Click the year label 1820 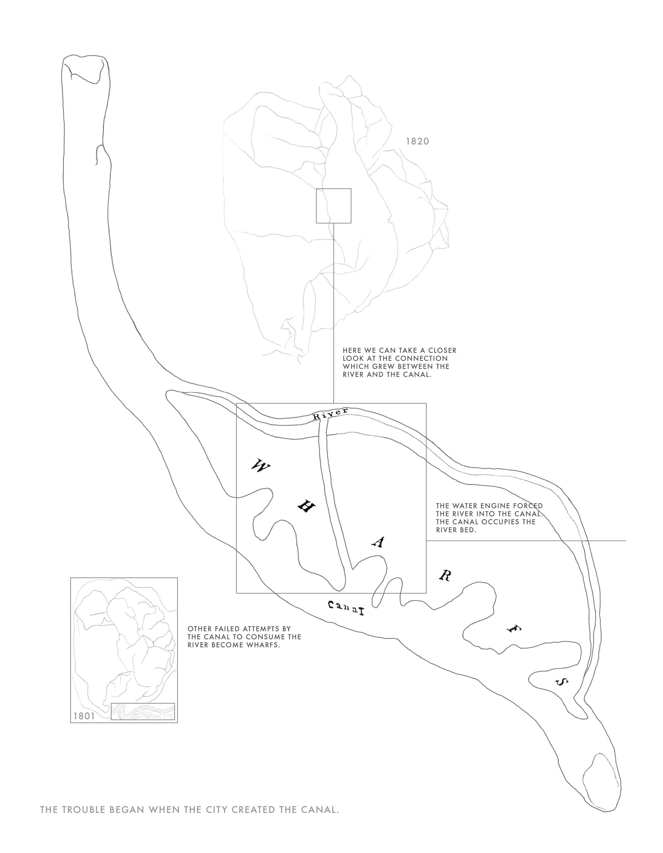417,141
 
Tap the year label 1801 84,716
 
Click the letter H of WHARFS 306,507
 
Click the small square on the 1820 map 333,206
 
